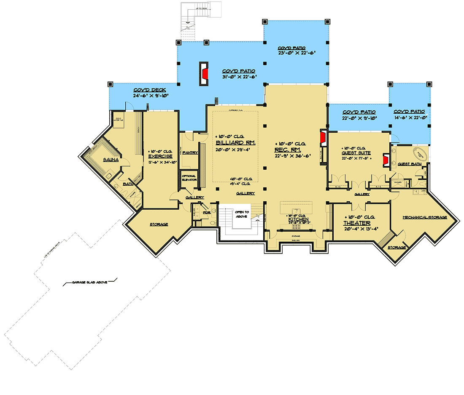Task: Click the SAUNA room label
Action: (110, 160)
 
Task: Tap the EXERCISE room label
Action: (160, 156)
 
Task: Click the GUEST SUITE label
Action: (353, 153)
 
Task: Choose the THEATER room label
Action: (356, 223)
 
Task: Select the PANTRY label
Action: (190, 152)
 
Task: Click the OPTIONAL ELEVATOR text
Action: (189, 178)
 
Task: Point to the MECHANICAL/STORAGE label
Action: (424, 218)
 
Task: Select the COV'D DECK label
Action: (150, 90)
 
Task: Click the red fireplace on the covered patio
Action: (204, 74)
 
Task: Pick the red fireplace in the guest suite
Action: (385, 160)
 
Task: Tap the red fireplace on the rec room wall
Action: (323, 138)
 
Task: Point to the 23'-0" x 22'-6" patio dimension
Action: (297, 53)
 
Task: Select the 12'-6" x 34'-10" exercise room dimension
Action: (160, 162)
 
